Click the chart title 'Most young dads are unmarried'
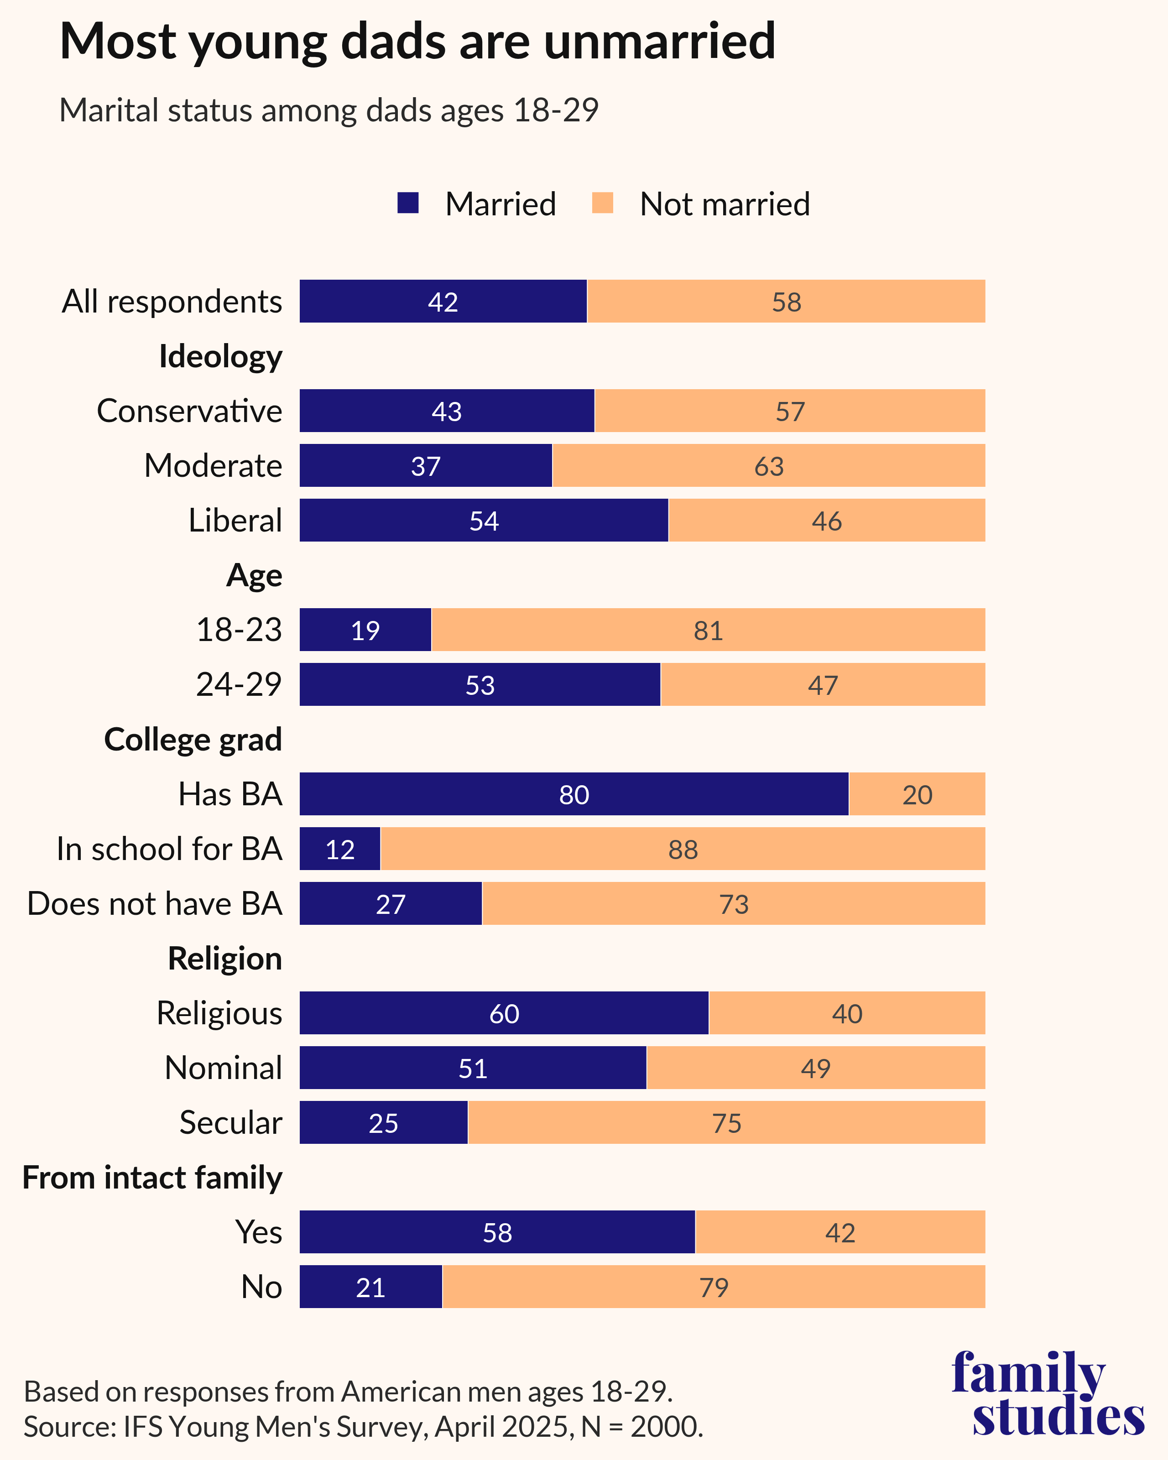point(417,42)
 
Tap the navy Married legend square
point(407,203)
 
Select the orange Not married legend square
point(602,203)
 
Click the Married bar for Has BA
point(574,794)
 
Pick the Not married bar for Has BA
point(917,794)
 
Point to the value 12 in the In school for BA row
point(340,849)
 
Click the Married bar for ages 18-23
point(365,630)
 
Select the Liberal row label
point(235,521)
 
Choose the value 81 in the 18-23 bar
point(708,631)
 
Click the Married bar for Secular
point(383,1123)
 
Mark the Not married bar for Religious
point(846,1013)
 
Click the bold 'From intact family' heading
point(152,1178)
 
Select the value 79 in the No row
point(714,1288)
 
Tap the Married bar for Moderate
point(425,466)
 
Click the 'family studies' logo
point(1048,1394)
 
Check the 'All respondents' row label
point(172,301)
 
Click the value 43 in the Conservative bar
point(447,412)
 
